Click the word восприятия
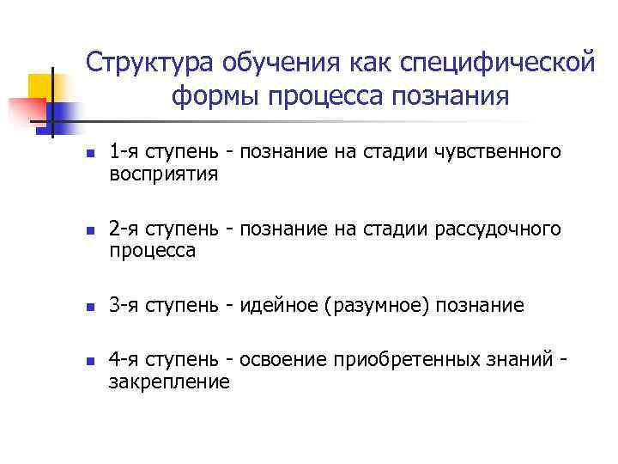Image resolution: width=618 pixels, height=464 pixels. coord(164,174)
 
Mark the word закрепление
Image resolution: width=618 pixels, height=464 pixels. coord(169,382)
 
